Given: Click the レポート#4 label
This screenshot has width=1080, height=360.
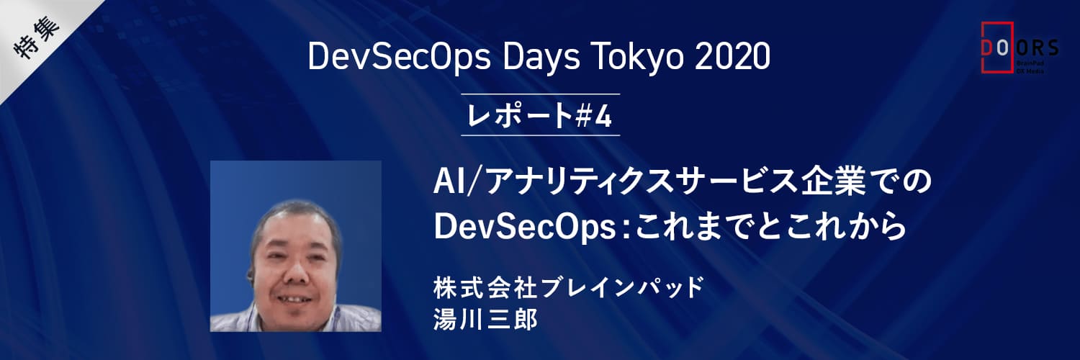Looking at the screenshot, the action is coord(540,115).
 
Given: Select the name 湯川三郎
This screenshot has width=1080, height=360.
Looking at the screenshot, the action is coord(485,319).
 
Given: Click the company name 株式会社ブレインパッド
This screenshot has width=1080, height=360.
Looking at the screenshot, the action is coord(569,288).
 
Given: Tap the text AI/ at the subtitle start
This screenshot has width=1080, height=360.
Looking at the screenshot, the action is coord(454,181).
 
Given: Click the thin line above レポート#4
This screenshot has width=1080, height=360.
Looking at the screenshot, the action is coord(540,94).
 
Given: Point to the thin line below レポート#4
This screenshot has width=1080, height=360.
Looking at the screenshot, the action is coord(540,135).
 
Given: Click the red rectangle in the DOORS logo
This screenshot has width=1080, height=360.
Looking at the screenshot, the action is coord(997,48).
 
